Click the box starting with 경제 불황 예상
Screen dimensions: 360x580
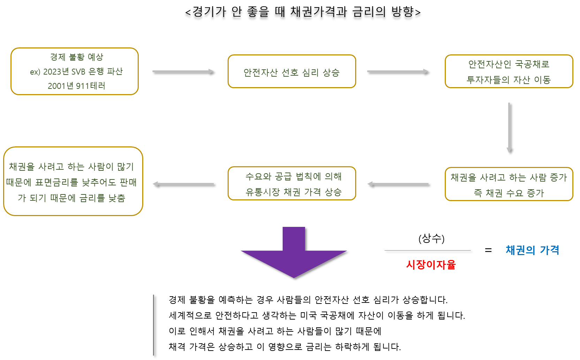(x=75, y=71)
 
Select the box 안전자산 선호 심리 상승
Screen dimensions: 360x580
(x=292, y=71)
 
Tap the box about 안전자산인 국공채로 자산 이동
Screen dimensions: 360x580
(x=509, y=71)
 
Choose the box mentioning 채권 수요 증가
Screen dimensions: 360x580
(x=509, y=184)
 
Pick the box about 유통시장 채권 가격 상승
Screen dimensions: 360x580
(x=292, y=184)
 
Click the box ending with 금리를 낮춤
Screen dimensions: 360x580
(x=73, y=181)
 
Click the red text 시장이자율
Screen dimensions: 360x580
(x=431, y=265)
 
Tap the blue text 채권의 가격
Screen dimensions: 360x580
(x=532, y=250)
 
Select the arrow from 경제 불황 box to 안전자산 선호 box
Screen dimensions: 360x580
(x=183, y=71)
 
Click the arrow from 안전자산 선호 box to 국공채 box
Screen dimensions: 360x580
(x=398, y=71)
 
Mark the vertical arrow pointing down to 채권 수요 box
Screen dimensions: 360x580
(x=509, y=127)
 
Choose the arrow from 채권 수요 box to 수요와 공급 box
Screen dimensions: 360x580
(x=398, y=184)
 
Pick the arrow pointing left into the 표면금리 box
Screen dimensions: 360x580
(x=183, y=184)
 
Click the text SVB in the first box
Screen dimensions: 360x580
(x=78, y=72)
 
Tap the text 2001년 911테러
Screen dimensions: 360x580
(x=76, y=86)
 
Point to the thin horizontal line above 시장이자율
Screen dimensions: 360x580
(x=427, y=250)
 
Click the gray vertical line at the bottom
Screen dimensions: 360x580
(x=153, y=325)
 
